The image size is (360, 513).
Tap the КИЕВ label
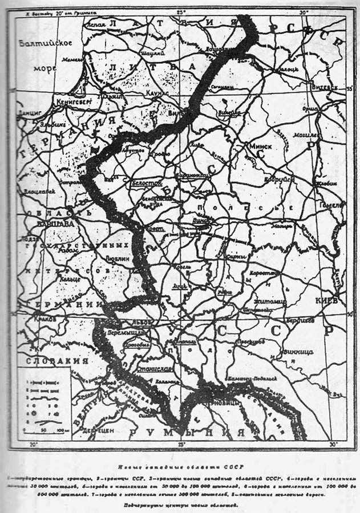tap(327, 300)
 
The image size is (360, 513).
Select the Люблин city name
tap(117, 258)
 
